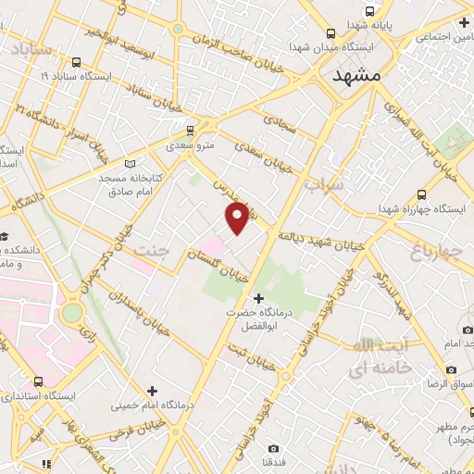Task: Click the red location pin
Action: [237, 217]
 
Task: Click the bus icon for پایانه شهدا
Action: [370, 11]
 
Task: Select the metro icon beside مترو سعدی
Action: [191, 130]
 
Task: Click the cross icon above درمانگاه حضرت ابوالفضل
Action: [258, 298]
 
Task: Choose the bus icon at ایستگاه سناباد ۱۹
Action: [75, 64]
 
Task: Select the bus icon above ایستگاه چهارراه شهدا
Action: [421, 194]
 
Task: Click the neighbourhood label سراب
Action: [323, 185]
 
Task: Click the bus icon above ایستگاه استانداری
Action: [38, 381]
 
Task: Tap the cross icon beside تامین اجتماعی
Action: [464, 22]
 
